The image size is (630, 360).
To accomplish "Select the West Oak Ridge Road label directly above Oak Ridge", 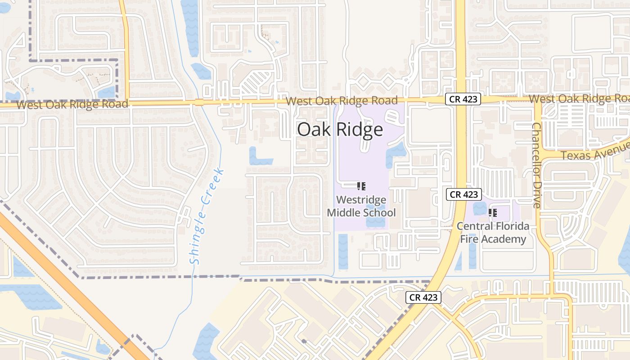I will [x=342, y=100].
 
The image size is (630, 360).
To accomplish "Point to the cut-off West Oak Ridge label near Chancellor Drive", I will [x=579, y=99].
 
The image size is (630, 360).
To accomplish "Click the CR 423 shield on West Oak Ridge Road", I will [x=463, y=99].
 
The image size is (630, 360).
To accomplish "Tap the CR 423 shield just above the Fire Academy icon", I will [x=464, y=194].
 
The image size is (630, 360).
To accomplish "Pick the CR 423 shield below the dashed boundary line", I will [x=423, y=297].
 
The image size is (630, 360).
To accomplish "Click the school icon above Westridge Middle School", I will [x=361, y=186].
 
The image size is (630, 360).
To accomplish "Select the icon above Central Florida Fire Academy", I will [x=492, y=212].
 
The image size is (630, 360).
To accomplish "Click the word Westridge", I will [x=361, y=199].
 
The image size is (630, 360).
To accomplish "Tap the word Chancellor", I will [x=536, y=146].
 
